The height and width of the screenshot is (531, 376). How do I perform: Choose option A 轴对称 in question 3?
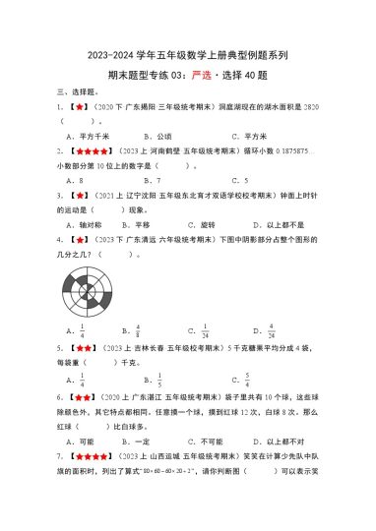93,224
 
